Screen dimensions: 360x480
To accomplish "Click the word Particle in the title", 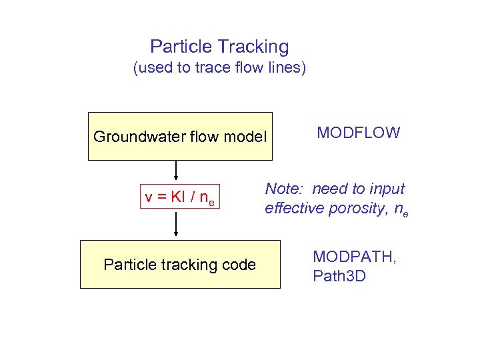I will pyautogui.click(x=175, y=47).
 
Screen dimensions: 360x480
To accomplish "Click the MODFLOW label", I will pyautogui.click(x=359, y=133).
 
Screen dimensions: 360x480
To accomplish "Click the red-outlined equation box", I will pyautogui.click(x=179, y=198).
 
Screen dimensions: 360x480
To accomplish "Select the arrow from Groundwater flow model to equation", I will pyautogui.click(x=176, y=173).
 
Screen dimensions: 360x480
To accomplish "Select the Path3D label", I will pyautogui.click(x=339, y=276).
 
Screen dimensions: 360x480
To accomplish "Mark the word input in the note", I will pyautogui.click(x=387, y=189).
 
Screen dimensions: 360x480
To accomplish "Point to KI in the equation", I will pyautogui.click(x=178, y=198).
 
